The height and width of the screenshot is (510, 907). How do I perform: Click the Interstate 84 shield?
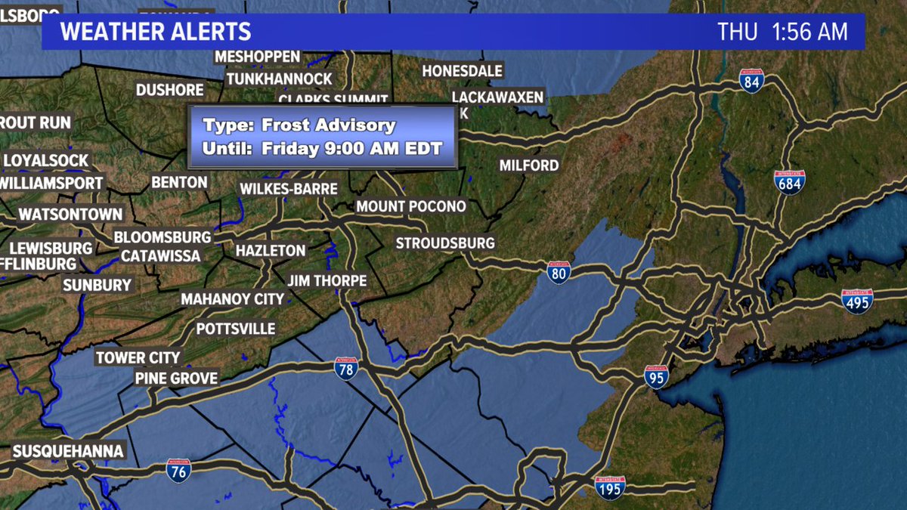(x=751, y=81)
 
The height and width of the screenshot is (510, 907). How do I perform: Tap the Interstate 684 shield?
(x=789, y=182)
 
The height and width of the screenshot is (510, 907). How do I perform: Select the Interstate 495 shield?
(x=857, y=300)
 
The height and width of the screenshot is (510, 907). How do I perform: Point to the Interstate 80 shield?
(x=559, y=272)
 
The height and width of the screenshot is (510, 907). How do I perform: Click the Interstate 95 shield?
(x=656, y=376)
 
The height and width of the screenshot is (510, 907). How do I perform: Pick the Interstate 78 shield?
(x=345, y=368)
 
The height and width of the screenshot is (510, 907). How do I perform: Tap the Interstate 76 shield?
(x=178, y=469)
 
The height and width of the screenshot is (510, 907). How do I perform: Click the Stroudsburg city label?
(x=445, y=243)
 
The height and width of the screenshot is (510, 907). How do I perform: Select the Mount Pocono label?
(x=411, y=206)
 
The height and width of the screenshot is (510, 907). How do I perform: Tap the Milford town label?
(x=529, y=165)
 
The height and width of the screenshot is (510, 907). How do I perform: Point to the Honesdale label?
(x=462, y=71)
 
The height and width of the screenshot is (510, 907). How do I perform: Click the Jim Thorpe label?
(x=327, y=280)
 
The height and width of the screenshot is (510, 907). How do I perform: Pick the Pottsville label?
(x=236, y=329)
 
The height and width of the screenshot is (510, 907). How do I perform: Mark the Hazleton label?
(x=271, y=250)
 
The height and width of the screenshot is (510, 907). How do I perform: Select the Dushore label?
(x=170, y=90)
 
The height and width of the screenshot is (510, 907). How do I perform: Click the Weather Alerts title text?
(x=155, y=32)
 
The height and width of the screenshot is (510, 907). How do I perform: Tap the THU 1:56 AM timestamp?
(x=782, y=32)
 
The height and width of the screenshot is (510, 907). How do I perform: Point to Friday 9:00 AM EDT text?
(x=351, y=148)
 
